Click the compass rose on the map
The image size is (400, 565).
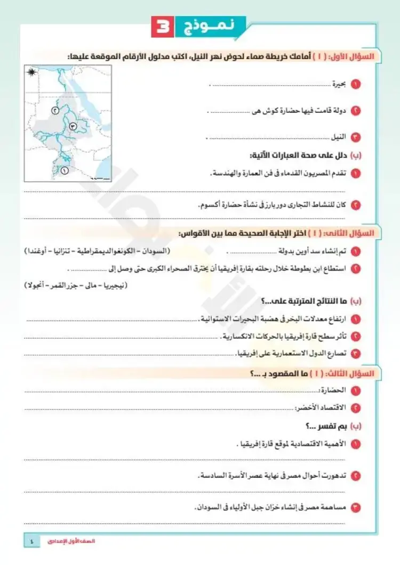tap(33, 72)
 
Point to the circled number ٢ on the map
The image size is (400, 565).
tap(54, 110)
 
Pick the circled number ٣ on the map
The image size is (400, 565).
tap(73, 126)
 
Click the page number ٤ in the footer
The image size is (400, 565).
tap(31, 541)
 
